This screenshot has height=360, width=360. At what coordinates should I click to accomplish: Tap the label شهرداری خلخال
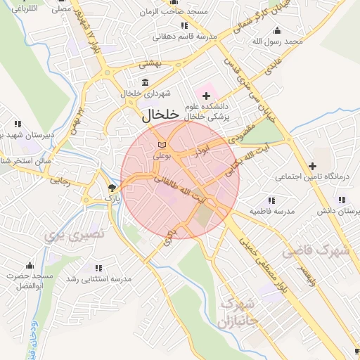[x=142, y=93]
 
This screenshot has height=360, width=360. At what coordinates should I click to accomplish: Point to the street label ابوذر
[x=203, y=149]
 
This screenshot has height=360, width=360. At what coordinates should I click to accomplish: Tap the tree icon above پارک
[x=112, y=188]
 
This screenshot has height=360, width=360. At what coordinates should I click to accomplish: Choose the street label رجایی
[x=60, y=180]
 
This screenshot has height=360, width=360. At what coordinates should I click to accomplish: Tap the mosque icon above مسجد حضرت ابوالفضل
[x=30, y=266]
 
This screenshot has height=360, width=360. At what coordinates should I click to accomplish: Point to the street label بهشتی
[x=150, y=63]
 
